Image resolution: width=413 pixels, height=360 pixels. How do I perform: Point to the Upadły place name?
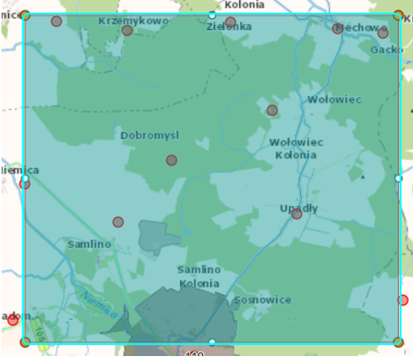(x=299, y=208)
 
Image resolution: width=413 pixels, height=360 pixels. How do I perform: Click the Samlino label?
(x=89, y=244)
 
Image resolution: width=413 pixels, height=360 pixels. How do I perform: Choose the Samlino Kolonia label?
(x=199, y=276)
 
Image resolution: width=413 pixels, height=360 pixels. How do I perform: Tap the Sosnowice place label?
(x=263, y=300)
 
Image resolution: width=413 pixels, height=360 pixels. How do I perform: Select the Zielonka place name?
(x=229, y=27)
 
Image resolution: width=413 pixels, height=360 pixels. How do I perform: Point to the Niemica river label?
(x=94, y=301)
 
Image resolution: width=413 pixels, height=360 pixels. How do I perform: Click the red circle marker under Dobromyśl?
(x=171, y=160)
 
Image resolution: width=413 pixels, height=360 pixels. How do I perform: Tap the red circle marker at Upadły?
(x=296, y=214)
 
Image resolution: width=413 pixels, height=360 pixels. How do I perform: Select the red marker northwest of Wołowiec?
(x=272, y=111)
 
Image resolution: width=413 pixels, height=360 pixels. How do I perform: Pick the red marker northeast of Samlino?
(x=118, y=222)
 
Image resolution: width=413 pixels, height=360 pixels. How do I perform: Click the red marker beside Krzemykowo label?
(x=127, y=31)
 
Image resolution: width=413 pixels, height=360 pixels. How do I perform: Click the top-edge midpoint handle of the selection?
(x=212, y=15)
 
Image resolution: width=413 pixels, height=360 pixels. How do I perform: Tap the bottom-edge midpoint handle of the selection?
(x=212, y=342)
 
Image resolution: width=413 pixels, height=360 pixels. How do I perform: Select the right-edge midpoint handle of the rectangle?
(x=398, y=178)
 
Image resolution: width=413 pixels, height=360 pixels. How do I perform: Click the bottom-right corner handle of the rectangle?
(x=398, y=342)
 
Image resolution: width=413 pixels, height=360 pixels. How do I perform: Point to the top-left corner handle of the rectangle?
(x=25, y=15)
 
